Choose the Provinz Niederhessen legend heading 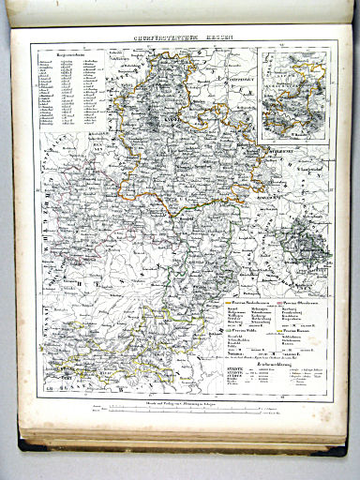pos(249,305)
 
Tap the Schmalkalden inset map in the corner pos(293,95)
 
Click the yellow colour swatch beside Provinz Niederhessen pos(225,305)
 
